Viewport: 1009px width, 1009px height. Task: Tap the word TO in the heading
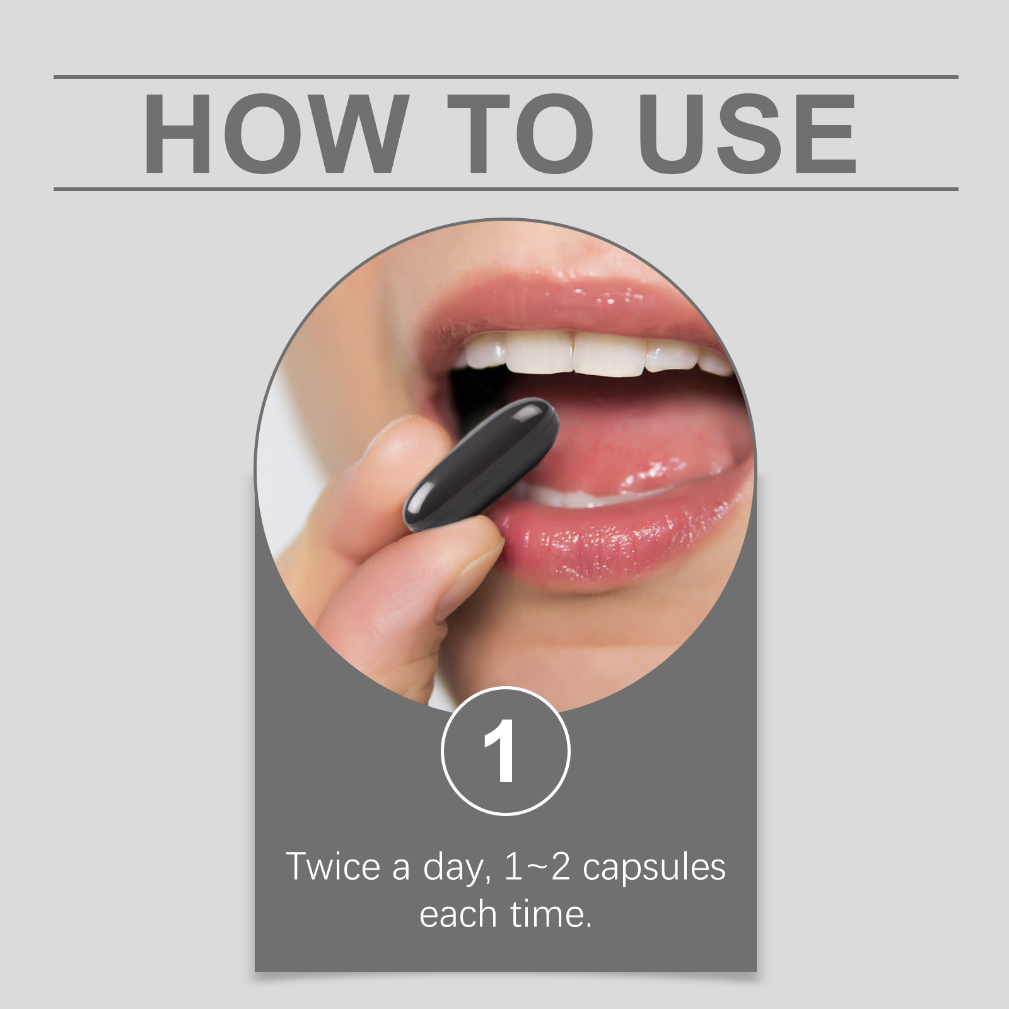521,133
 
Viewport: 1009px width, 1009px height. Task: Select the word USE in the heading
748,133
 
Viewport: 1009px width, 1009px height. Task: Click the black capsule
481,464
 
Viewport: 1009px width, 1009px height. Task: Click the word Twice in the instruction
332,866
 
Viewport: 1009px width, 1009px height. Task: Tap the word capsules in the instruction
654,869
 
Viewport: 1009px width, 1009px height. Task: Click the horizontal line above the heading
506,77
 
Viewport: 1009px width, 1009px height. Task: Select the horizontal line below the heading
506,189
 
